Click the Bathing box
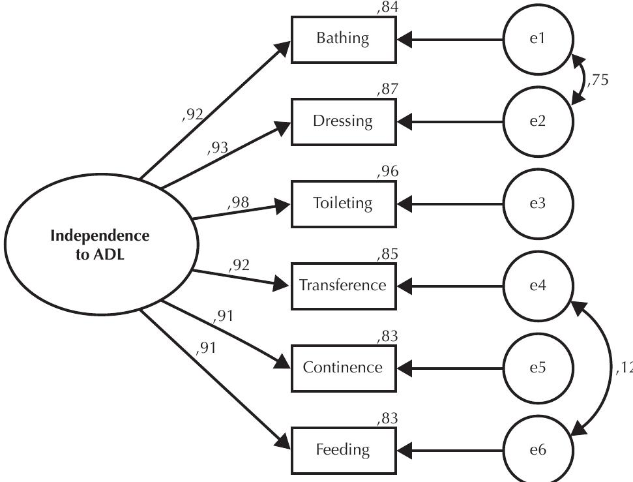[343, 39]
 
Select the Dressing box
[343, 121]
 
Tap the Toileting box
[343, 203]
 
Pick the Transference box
[343, 286]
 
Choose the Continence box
[343, 368]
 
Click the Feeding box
[343, 450]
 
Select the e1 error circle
[538, 39]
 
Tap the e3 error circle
[538, 203]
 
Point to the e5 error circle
[538, 368]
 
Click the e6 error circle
[538, 450]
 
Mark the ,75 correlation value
[597, 81]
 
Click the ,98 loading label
[239, 203]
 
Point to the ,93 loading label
[218, 148]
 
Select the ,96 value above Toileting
[387, 172]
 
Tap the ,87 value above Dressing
[387, 90]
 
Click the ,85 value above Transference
[387, 254]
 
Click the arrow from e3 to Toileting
[450, 203]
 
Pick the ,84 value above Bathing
[387, 8]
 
